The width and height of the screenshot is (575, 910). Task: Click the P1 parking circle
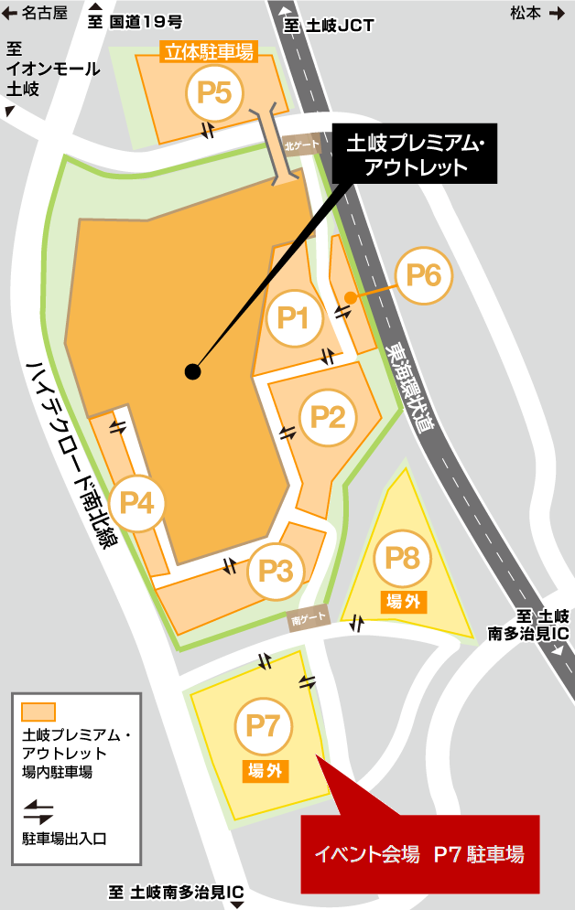(x=293, y=317)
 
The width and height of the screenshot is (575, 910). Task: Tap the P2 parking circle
(x=328, y=417)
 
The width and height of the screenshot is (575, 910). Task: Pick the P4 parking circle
(x=136, y=502)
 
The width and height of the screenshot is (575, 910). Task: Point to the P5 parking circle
(x=213, y=91)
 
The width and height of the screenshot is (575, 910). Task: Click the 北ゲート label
(x=301, y=145)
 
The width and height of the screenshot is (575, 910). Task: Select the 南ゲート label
(x=309, y=619)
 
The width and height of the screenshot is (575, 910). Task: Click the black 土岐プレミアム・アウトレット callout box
(x=415, y=155)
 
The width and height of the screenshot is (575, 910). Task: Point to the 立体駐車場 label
(x=209, y=52)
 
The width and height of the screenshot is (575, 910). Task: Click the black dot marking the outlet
(x=192, y=371)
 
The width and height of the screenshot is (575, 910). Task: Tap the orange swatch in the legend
(x=38, y=712)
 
